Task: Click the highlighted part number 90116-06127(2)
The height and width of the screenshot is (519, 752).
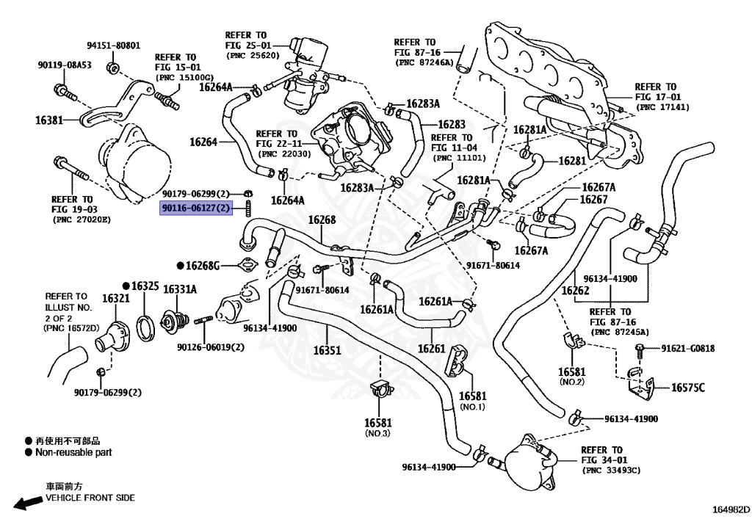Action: pos(195,208)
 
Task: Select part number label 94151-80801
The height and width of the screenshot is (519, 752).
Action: pos(114,46)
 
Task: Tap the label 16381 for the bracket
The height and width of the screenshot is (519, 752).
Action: pos(49,120)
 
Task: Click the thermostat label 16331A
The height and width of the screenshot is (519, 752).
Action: pos(180,289)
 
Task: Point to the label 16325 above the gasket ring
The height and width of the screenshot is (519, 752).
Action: pos(145,286)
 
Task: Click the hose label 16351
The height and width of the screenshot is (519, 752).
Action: pos(327,350)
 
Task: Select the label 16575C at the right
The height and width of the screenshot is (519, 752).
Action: pos(688,387)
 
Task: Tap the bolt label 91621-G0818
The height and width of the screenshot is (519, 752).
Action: pos(688,349)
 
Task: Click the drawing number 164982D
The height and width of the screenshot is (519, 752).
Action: pos(731,509)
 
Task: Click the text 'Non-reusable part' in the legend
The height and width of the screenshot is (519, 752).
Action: pos(73,452)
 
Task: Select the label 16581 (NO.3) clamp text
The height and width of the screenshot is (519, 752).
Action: pos(378,427)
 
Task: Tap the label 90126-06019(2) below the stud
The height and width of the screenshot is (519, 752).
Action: pos(211,346)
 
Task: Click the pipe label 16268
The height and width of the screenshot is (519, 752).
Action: pos(322,220)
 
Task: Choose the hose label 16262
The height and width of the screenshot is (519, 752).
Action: pos(575,291)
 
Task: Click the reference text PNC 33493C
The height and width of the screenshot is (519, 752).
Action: pos(610,471)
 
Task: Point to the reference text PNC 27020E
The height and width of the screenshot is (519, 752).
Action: pos(81,220)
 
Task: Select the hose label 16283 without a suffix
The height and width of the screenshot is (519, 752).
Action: pos(452,125)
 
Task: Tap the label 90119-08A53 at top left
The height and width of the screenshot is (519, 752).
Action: pos(65,65)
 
